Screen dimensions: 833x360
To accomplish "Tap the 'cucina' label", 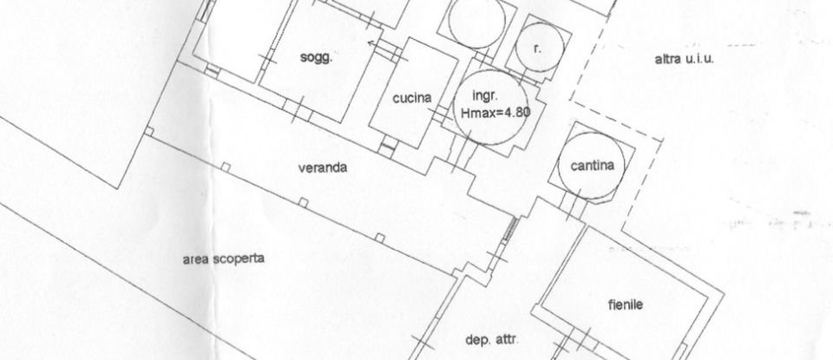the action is [412, 99].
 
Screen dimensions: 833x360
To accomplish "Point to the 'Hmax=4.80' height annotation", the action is [495, 112].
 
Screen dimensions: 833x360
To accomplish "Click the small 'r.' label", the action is [537, 49].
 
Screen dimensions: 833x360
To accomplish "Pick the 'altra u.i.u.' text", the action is [689, 59].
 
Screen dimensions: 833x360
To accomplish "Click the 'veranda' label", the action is [323, 168].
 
